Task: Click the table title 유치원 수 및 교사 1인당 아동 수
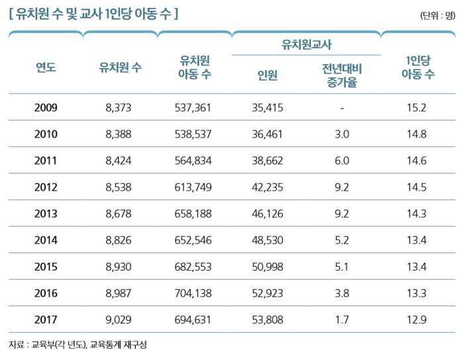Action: click(x=93, y=13)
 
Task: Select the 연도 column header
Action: click(x=46, y=66)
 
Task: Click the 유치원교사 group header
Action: click(x=307, y=44)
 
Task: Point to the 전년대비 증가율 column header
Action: click(x=342, y=75)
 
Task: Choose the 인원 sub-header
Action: click(x=268, y=75)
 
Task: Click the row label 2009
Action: click(x=46, y=108)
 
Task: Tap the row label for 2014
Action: click(x=46, y=240)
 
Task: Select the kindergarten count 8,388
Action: click(x=120, y=134)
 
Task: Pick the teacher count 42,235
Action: click(x=268, y=187)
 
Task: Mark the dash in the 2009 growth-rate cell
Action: click(x=342, y=108)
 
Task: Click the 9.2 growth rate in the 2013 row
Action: click(x=342, y=214)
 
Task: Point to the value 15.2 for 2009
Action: click(x=418, y=108)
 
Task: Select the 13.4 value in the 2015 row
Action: click(x=418, y=267)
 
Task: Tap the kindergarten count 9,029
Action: click(x=120, y=320)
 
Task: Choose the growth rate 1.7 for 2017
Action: click(x=342, y=320)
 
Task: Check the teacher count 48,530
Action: click(x=268, y=240)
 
